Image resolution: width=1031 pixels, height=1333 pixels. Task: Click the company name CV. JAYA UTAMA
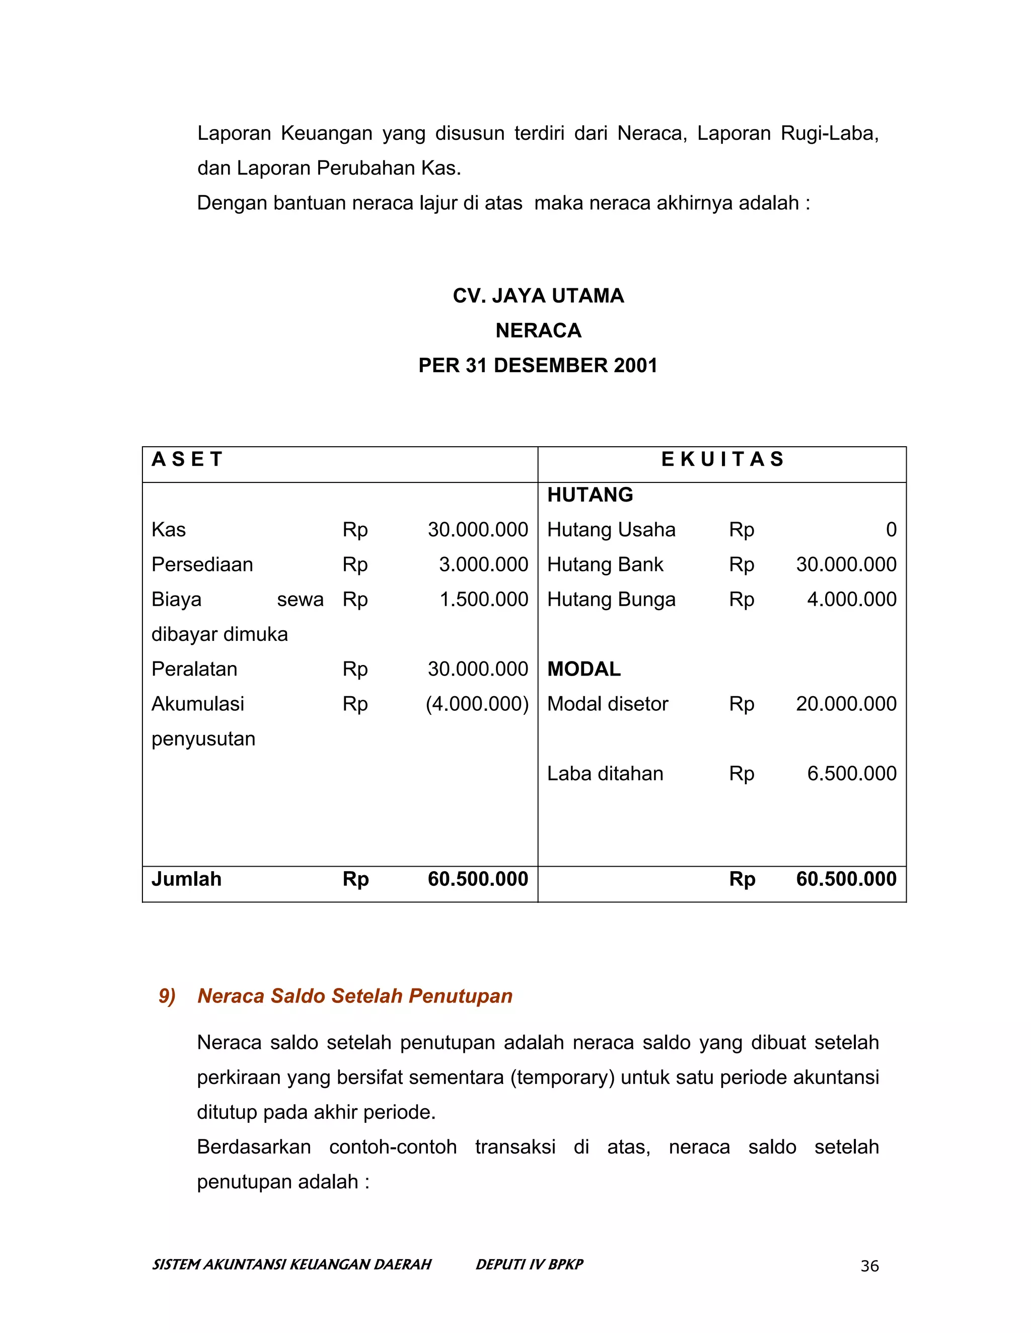click(x=538, y=296)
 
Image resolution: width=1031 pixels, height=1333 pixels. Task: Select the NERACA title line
click(x=538, y=331)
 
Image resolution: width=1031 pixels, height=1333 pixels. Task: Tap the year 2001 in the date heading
click(x=633, y=366)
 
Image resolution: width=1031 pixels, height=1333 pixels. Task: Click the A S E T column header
click(x=187, y=460)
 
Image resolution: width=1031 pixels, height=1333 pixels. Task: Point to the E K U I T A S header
click(x=722, y=460)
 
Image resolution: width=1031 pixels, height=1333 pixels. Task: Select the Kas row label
click(x=169, y=530)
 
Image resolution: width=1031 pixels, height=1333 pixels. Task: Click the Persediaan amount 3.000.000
click(x=483, y=564)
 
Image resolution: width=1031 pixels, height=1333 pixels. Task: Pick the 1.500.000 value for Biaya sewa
click(x=484, y=600)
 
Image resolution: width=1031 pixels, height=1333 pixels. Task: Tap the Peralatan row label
click(x=194, y=670)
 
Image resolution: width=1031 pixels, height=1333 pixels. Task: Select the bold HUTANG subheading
click(x=590, y=495)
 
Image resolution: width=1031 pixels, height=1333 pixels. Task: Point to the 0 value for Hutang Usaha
click(x=891, y=530)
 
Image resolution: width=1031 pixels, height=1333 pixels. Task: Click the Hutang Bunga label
click(x=611, y=600)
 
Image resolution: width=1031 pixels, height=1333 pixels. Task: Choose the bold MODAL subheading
click(x=584, y=670)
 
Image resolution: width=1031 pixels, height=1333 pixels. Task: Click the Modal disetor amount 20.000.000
click(x=846, y=704)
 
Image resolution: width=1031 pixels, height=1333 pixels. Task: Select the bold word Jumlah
click(x=186, y=879)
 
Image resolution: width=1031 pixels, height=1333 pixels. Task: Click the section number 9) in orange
click(x=167, y=996)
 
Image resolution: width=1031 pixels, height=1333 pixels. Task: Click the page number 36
click(x=869, y=1267)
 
